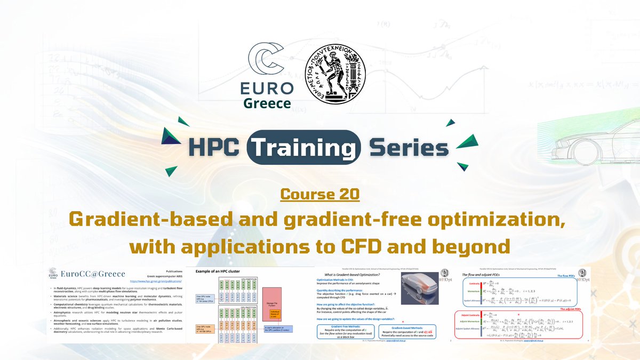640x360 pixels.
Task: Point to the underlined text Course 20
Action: click(319, 194)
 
